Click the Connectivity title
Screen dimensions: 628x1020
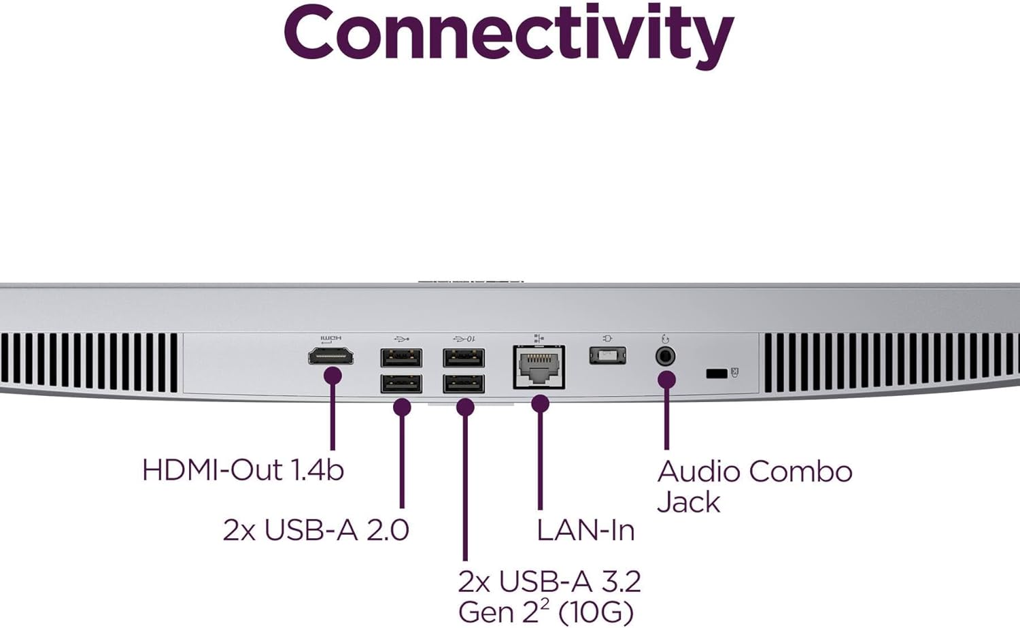[509, 34]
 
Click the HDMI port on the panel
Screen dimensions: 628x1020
[331, 356]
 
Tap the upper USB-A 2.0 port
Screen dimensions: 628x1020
[401, 357]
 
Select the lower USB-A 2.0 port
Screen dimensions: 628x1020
[401, 384]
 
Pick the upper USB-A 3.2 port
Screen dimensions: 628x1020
[464, 357]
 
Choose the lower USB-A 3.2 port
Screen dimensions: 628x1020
[464, 384]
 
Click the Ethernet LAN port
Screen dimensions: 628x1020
[539, 367]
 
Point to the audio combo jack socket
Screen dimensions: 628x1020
[665, 356]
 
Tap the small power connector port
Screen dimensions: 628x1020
[607, 354]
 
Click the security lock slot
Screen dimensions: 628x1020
[716, 373]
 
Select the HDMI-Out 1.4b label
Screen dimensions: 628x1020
[243, 470]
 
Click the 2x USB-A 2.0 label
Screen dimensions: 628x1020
[316, 530]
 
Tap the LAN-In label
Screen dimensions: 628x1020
[585, 530]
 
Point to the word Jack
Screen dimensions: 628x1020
[688, 502]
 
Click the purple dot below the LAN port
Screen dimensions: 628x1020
[540, 404]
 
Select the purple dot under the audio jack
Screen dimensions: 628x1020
[667, 380]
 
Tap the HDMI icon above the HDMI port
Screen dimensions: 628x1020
[331, 338]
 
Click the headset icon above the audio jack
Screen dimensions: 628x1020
[665, 338]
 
